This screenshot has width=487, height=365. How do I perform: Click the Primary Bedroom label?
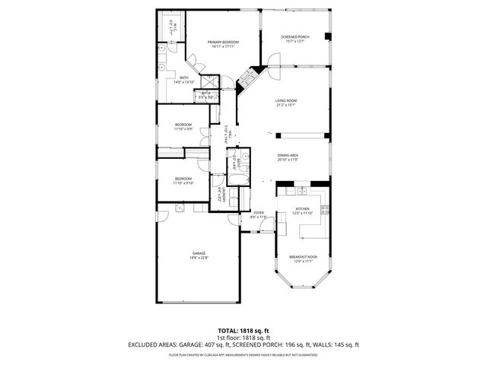coord(224,42)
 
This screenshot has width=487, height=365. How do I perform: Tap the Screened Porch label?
coord(294,36)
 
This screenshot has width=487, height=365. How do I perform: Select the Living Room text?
coord(286,100)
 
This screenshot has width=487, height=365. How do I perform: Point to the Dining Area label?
coord(288,155)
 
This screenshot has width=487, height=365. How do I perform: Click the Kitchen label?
coord(303,208)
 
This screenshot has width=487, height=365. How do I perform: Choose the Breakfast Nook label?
coord(302,258)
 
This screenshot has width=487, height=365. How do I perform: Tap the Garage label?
coord(199,253)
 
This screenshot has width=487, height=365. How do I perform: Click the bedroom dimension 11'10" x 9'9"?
coord(183,129)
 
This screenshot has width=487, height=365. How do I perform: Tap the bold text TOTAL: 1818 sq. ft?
coord(243,331)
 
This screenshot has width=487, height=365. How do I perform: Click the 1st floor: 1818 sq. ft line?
coord(243,338)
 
